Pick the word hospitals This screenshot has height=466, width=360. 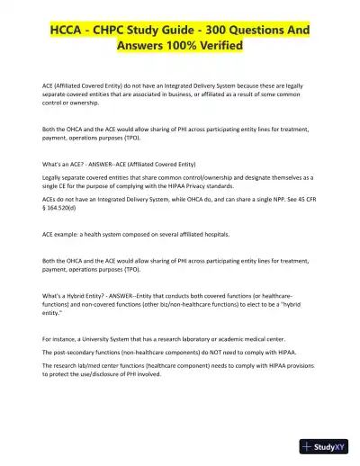click(x=213, y=233)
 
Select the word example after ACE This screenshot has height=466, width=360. click(x=69, y=233)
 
